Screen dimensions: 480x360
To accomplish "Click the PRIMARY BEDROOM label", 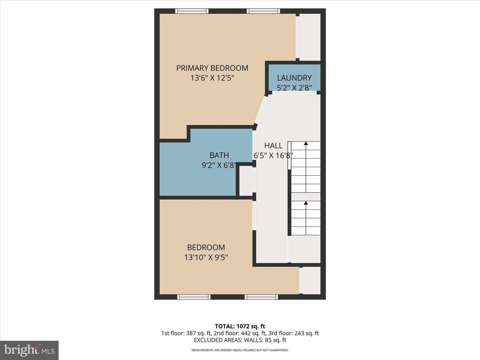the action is (x=212, y=68).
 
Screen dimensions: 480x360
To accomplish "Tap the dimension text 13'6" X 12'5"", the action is (x=212, y=78).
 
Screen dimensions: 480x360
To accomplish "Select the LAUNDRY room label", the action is (x=294, y=78).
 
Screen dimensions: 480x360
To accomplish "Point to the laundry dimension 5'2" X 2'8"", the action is (x=294, y=88).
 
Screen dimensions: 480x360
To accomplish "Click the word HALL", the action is (x=273, y=145).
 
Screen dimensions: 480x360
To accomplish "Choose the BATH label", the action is (x=219, y=155).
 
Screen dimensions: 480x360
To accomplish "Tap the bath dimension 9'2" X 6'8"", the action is (x=219, y=165).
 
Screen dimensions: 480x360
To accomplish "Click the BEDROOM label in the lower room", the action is (x=206, y=247).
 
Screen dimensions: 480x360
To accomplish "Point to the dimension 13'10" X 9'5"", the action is (x=206, y=257).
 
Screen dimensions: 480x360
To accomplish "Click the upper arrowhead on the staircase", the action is (x=306, y=143).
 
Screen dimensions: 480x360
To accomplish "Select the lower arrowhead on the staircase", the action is (x=306, y=203).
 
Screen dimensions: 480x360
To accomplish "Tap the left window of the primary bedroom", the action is (x=192, y=11).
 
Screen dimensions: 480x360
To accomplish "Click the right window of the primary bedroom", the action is (x=263, y=11).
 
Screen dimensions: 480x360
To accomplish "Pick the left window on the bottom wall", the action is (x=194, y=297).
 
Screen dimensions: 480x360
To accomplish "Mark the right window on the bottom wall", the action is (x=261, y=297).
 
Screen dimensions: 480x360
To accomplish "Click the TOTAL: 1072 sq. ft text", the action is (x=240, y=326).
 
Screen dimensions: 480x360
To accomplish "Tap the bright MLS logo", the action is (x=29, y=350).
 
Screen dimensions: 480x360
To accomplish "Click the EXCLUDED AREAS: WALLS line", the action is (x=240, y=340).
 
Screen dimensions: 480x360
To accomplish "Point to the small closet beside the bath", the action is (x=246, y=181).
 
